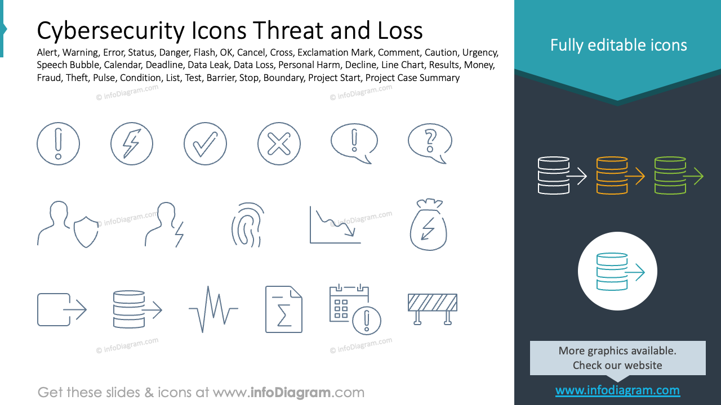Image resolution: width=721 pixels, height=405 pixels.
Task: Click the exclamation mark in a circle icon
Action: tap(58, 143)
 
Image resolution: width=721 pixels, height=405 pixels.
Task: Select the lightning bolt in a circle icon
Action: tap(132, 143)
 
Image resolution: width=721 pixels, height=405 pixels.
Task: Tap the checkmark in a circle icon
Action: tap(205, 143)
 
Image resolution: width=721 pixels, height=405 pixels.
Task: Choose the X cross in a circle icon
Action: tap(279, 143)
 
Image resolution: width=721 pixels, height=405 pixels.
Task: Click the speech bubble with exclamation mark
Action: tap(353, 143)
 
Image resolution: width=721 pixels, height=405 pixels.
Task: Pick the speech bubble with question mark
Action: tap(430, 143)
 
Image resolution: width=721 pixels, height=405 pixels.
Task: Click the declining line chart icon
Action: tap(335, 225)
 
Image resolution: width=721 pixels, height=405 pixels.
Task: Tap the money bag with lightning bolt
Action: tap(428, 225)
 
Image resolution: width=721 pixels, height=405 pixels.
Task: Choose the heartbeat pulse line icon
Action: tap(213, 309)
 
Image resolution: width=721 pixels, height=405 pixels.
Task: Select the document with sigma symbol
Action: tap(284, 309)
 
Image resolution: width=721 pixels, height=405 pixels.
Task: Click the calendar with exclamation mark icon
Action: tap(355, 309)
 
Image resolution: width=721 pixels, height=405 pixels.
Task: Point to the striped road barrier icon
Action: tap(432, 308)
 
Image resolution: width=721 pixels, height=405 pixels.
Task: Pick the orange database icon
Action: tap(612, 176)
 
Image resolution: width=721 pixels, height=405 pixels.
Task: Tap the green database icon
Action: tap(670, 176)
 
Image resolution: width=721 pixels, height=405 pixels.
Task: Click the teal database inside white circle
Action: tap(612, 272)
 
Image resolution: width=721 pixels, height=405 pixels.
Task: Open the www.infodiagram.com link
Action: tap(617, 390)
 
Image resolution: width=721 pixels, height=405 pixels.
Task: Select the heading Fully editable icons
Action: tap(618, 46)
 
